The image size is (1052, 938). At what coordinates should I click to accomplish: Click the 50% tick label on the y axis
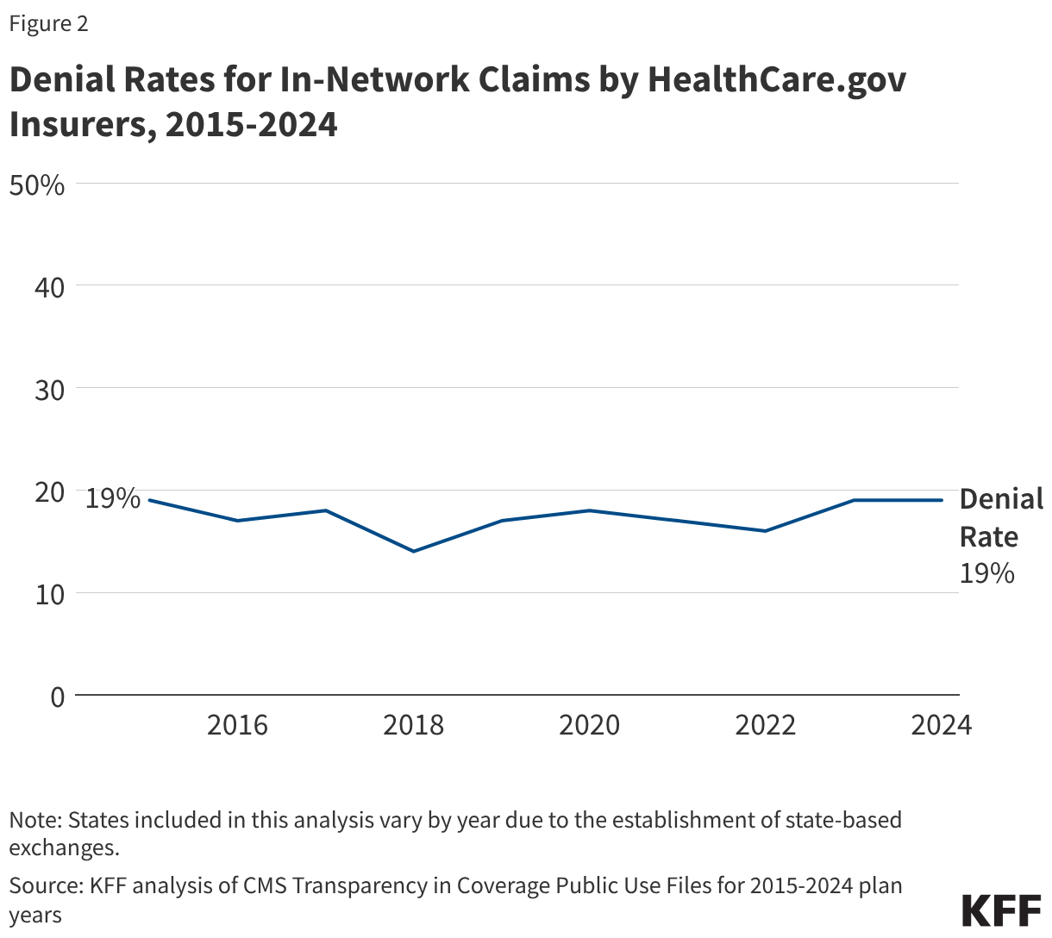point(36,184)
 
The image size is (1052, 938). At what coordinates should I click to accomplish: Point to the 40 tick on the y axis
point(49,287)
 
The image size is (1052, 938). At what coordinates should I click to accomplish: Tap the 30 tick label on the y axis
point(49,390)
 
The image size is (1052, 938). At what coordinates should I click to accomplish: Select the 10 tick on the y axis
point(49,594)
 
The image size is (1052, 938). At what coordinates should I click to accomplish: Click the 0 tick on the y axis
point(57,697)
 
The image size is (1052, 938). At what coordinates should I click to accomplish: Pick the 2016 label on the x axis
point(237,725)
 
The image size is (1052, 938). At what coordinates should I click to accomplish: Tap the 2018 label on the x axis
point(413,725)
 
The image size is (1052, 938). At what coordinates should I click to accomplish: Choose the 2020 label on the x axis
point(589,725)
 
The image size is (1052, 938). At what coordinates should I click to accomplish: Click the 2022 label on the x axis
point(765,725)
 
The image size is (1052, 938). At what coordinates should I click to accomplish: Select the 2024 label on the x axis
point(941,725)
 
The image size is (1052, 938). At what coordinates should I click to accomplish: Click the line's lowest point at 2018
point(414,551)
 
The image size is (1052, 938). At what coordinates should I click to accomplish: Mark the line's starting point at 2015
point(149,500)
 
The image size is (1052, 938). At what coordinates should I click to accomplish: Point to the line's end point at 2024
point(942,500)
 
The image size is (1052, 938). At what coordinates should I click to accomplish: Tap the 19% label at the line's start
point(112,498)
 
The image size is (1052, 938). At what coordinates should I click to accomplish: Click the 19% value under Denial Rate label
point(986,573)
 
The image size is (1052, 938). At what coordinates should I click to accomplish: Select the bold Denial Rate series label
point(1000,517)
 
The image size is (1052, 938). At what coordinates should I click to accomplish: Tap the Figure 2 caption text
point(48,24)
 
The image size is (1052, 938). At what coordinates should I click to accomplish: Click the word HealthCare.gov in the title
point(776,79)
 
